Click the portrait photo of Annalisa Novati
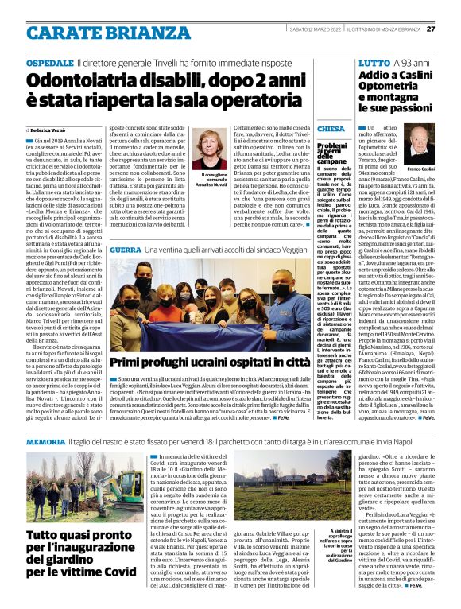[x=213, y=149]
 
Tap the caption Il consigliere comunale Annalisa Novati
[x=213, y=182]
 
